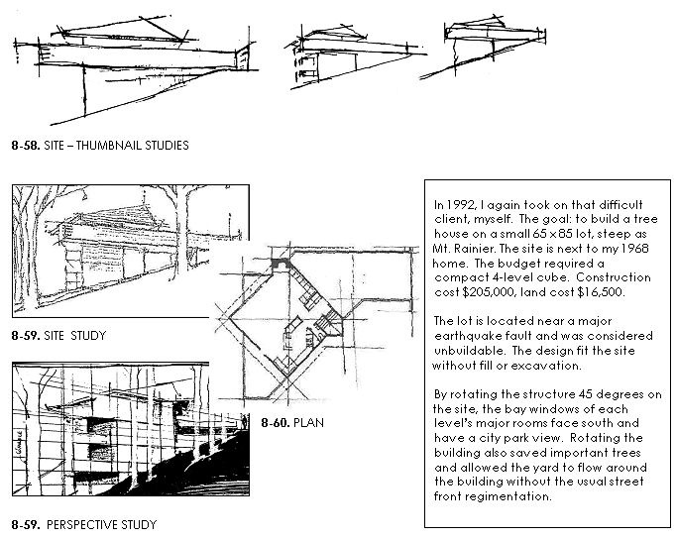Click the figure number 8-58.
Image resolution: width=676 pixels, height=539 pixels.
coord(25,145)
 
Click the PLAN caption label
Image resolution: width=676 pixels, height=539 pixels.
coord(308,423)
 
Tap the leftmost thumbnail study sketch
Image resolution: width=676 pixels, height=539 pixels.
coord(129,59)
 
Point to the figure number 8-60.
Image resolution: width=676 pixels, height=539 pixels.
coord(276,423)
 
